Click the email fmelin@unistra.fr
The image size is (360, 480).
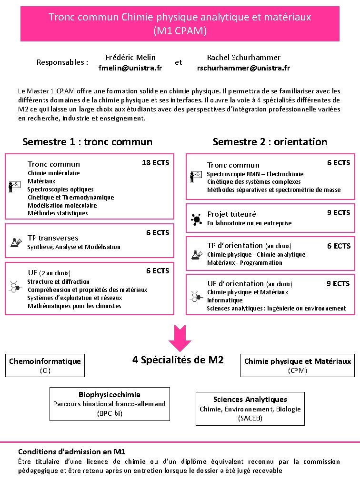[x=130, y=68]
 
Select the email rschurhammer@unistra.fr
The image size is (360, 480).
[x=243, y=68]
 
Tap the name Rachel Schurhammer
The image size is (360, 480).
[x=243, y=57]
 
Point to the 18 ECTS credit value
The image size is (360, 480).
[x=155, y=162]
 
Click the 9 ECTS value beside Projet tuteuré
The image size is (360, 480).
[x=338, y=212]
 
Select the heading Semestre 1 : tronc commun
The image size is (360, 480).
[x=87, y=141]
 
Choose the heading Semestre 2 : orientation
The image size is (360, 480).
[x=270, y=141]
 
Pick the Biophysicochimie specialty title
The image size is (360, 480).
[x=109, y=394]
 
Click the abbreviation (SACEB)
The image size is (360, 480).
[x=250, y=418]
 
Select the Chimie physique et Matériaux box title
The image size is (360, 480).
[x=297, y=361]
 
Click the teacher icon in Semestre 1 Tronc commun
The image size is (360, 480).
[x=15, y=186]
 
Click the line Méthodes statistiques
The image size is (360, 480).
[x=58, y=213]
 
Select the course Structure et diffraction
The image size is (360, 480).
[x=58, y=281]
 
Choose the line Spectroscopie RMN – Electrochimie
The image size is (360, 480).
[x=255, y=174]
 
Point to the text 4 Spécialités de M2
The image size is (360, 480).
[x=178, y=360]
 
